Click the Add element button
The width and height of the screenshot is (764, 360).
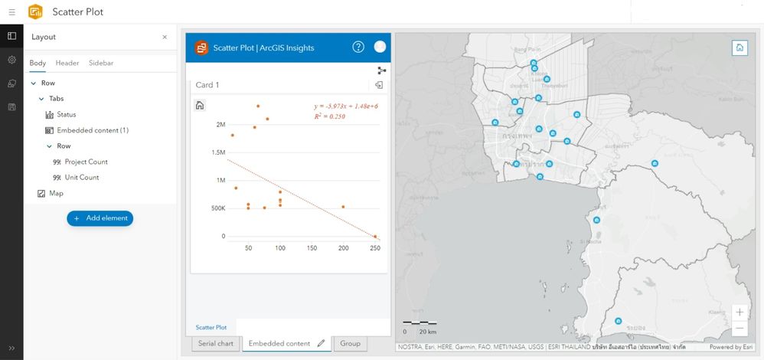pos(100,218)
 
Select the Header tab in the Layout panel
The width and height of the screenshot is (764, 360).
pos(67,63)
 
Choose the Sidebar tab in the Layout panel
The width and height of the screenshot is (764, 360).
pos(101,63)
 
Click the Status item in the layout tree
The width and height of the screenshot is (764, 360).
pos(67,114)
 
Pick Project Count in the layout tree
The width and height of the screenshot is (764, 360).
pos(86,162)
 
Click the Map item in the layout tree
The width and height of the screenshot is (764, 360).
pos(56,194)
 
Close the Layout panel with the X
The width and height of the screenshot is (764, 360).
pos(165,37)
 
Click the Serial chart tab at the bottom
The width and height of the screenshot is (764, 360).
pos(216,344)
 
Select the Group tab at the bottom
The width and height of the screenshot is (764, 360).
pos(351,344)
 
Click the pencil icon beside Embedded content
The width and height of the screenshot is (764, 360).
pos(322,343)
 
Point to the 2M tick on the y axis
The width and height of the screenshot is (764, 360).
pos(220,124)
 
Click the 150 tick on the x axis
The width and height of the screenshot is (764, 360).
pos(312,248)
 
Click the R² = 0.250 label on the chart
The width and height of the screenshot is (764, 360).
pos(330,116)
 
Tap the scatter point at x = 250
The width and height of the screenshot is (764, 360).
pos(375,237)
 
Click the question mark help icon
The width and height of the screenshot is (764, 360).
pos(358,47)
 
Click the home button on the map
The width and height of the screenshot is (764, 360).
pos(740,47)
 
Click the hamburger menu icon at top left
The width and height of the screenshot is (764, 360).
pos(11,11)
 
